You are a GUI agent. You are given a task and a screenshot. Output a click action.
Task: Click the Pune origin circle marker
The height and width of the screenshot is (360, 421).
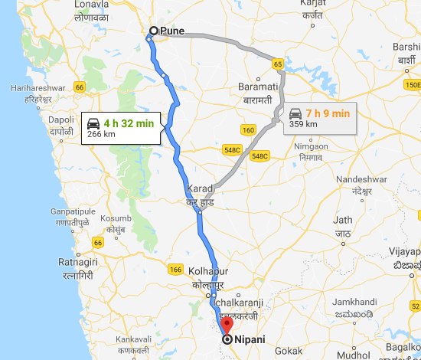[153, 31]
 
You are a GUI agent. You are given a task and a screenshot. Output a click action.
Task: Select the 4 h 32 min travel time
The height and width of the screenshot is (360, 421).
[129, 123]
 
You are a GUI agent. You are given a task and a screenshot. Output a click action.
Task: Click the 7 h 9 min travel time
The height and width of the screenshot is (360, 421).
[330, 114]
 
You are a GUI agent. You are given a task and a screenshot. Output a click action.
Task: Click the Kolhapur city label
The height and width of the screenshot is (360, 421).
[197, 273]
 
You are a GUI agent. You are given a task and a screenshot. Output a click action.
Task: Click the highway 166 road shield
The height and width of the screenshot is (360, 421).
[175, 269]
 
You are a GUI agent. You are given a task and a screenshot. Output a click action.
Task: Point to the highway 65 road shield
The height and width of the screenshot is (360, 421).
[278, 64]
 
